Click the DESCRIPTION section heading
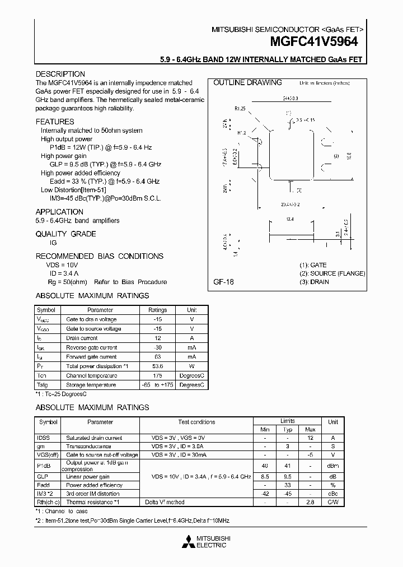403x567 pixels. pos(60,74)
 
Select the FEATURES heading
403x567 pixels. pos(55,122)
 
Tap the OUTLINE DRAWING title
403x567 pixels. pos(247,82)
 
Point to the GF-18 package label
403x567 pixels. pos(224,282)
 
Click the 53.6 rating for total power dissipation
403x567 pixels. pos(157,366)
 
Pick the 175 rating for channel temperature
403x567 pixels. pos(157,375)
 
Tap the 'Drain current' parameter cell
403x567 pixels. pos(82,338)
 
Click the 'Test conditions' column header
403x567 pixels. pos(196,422)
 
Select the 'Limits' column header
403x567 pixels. pos(287,420)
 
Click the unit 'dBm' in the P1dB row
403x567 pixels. pos(332,466)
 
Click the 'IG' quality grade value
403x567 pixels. pos(53,243)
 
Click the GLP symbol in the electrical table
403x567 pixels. pos(43,476)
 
